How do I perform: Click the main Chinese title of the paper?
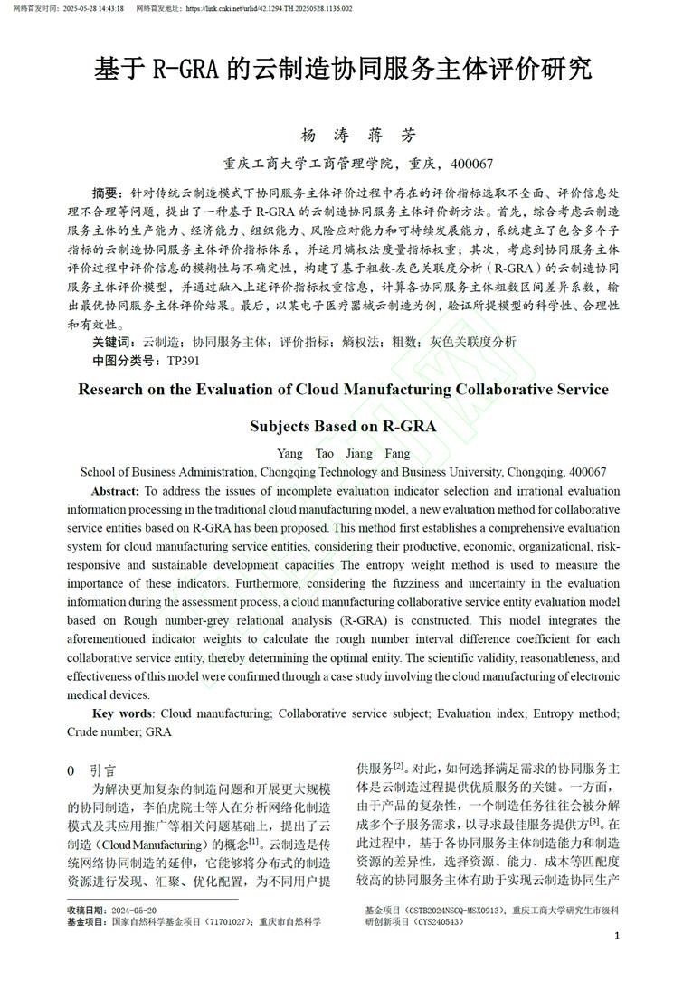[x=343, y=69]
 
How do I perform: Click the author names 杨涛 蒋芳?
[x=359, y=137]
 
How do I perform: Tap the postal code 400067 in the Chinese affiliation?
[x=471, y=165]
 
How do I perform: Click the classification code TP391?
[x=184, y=361]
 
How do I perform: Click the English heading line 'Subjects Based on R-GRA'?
[x=343, y=426]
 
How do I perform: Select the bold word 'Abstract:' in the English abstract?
[x=115, y=491]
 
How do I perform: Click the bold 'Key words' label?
[x=122, y=714]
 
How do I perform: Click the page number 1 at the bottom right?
[x=617, y=936]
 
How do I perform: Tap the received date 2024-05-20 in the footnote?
[x=133, y=910]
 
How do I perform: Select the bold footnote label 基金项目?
[x=87, y=922]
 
